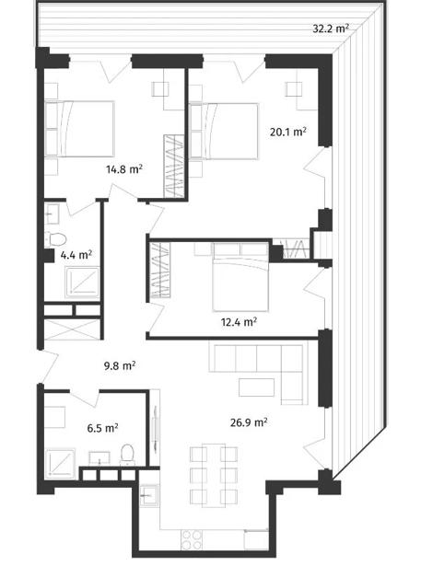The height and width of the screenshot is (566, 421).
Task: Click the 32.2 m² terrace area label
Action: point(331,29)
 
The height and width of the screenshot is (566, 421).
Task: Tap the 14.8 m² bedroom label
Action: point(124,168)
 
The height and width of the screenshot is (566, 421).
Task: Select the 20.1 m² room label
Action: point(288,132)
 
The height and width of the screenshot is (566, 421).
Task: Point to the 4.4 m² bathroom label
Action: point(76,255)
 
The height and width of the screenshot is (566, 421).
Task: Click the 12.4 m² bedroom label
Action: point(239,321)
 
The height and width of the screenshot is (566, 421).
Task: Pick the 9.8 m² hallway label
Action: point(120,365)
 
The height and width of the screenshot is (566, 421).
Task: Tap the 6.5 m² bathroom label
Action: point(102,428)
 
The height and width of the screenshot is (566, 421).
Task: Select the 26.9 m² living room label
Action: point(249,422)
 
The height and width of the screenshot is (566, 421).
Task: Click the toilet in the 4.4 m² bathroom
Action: point(55,238)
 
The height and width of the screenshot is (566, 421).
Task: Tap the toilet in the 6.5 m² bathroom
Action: point(127,454)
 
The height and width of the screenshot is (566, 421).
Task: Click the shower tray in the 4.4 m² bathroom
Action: point(82,283)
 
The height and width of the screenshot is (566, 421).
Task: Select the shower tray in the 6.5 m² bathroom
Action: point(61,464)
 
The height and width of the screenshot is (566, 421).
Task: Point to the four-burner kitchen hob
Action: point(192,539)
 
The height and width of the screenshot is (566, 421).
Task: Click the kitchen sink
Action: point(149,495)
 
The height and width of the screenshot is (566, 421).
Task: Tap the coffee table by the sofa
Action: point(256,387)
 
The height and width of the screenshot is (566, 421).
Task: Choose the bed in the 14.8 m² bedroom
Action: point(79,129)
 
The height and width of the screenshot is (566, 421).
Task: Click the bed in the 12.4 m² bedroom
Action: point(240,277)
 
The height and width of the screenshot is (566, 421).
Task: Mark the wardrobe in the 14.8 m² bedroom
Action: point(173,166)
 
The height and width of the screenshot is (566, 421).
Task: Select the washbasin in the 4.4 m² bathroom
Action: point(52,214)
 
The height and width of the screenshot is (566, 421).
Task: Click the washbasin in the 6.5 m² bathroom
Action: point(99,457)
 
